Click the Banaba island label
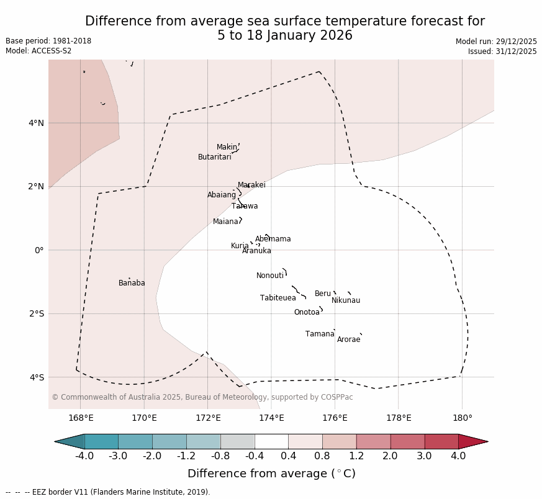point(132,283)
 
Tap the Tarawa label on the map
point(245,206)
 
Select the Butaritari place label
point(214,157)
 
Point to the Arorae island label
point(348,339)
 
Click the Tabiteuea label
point(278,298)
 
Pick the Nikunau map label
point(346,300)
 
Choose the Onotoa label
point(307,312)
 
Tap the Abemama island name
point(273,239)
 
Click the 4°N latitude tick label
point(36,123)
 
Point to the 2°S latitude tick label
point(36,313)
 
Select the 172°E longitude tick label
point(208,418)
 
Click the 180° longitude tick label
point(462,418)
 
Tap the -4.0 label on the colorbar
point(84,456)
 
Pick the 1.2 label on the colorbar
point(356,456)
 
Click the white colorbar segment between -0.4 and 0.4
point(271,441)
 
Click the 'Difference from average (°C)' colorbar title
point(271,474)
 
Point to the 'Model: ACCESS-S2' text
point(38,51)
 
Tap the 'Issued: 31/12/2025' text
point(502,52)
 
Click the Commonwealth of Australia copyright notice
point(202,397)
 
